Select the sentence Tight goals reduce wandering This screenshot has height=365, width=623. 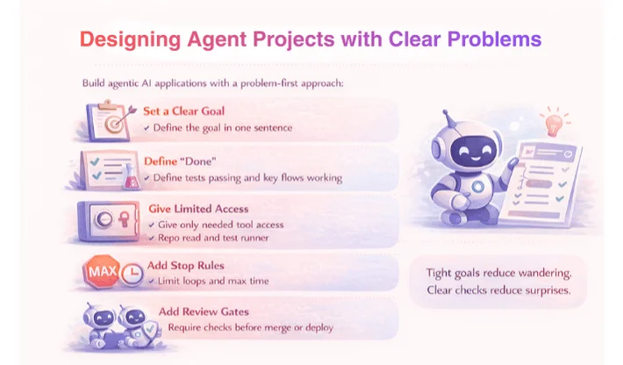[498, 274]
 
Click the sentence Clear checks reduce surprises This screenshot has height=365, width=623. [498, 290]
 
